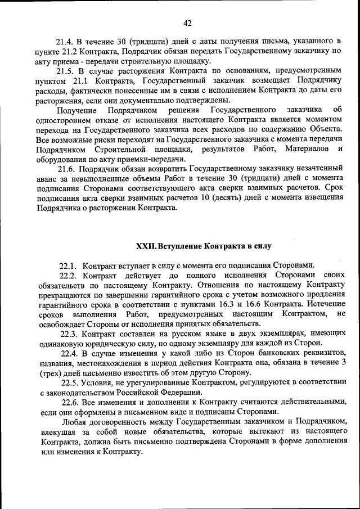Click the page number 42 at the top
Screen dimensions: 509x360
(188, 22)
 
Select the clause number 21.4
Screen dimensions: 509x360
(65, 41)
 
